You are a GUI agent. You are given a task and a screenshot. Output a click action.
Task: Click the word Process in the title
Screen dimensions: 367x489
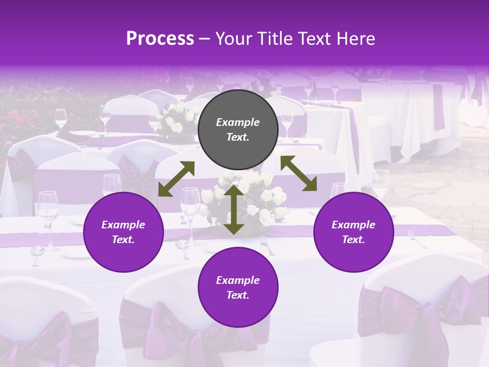[160, 39]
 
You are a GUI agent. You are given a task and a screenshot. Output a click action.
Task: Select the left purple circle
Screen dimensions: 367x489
[123, 232]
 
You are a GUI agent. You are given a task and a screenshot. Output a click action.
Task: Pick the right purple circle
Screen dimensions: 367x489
[354, 232]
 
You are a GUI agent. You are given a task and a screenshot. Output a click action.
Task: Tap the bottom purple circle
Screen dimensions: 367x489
[238, 287]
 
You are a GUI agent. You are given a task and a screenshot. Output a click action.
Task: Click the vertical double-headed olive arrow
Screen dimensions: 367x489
[234, 209]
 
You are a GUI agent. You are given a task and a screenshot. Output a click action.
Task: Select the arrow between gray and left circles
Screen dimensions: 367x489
[176, 178]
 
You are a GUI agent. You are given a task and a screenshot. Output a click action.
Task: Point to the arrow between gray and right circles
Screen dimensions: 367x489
[299, 173]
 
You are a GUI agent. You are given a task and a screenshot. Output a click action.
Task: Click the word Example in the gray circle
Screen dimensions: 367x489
[238, 122]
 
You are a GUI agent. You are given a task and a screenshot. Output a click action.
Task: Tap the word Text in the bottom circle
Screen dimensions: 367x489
[237, 295]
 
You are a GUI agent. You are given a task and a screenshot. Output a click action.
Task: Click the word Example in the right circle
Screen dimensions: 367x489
[354, 225]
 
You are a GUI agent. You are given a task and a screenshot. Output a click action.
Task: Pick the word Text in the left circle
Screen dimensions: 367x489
[123, 240]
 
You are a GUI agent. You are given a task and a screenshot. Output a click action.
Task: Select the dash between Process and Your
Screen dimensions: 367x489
[205, 39]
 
